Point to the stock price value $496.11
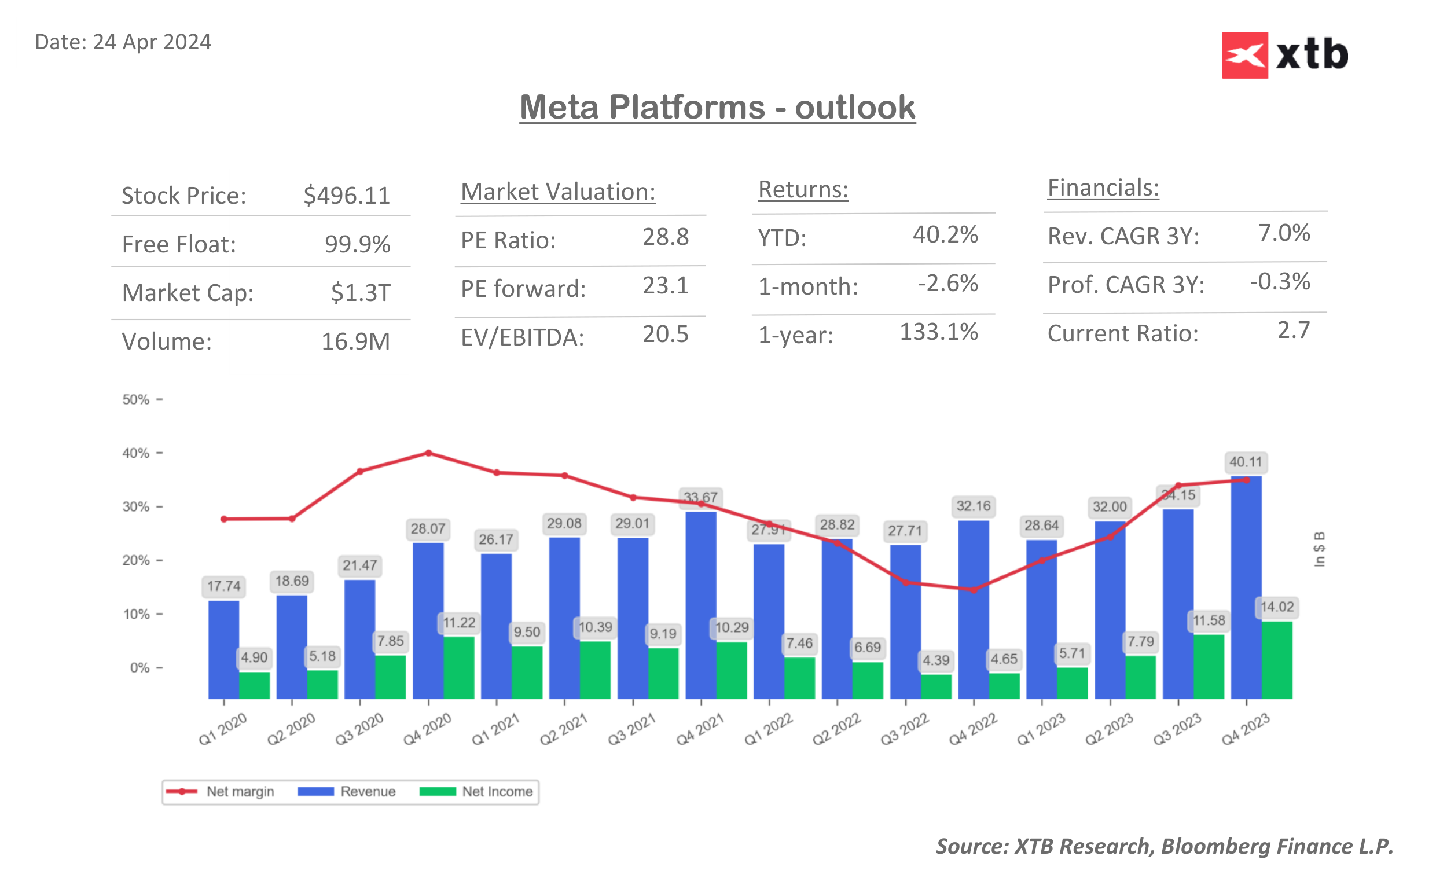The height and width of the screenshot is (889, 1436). (346, 196)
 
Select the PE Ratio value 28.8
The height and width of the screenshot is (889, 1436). (665, 237)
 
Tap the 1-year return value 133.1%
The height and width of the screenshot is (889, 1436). (938, 332)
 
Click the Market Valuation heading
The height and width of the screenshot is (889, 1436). (557, 192)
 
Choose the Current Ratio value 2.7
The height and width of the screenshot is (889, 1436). (1292, 330)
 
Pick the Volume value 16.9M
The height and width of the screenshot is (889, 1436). (355, 341)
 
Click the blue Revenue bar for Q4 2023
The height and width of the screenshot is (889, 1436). (1246, 588)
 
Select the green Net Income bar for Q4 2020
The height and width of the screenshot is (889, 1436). (458, 667)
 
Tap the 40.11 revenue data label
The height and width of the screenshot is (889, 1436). (1245, 462)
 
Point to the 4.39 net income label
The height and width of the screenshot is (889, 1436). (935, 660)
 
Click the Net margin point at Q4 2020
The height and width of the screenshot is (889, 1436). (428, 453)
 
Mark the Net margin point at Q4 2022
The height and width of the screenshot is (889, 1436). (974, 590)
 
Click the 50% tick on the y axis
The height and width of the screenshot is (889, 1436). (136, 400)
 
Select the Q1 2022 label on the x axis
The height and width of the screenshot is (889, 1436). (767, 729)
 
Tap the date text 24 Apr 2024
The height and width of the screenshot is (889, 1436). (152, 42)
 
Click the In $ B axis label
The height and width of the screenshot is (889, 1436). (1319, 549)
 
